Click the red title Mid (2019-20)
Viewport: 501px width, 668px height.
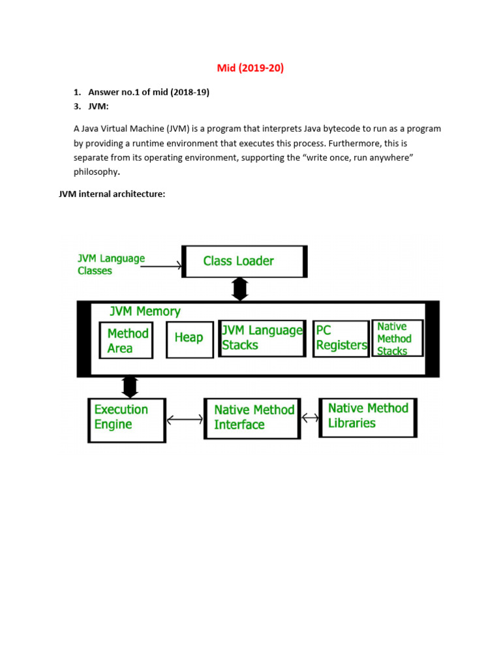250,68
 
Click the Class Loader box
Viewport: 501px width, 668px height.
245,261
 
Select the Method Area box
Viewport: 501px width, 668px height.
127,341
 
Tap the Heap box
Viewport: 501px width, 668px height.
189,339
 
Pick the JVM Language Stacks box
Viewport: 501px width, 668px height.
262,338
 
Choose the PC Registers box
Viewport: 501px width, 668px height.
341,339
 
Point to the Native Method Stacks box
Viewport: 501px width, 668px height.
397,338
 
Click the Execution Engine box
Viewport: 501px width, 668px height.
127,419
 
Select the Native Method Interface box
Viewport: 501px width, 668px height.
252,418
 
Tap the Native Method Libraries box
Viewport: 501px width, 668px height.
368,417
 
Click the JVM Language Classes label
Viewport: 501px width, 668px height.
111,264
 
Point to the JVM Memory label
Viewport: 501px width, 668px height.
145,312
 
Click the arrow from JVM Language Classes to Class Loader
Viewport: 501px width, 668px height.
161,266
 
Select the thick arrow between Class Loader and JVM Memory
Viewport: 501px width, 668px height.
240,288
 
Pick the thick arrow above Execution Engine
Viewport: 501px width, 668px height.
130,386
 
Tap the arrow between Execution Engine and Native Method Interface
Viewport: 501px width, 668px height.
185,419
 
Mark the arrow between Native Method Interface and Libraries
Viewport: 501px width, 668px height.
310,417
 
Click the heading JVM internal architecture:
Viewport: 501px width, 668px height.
112,194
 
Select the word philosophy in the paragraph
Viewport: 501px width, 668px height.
96,172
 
